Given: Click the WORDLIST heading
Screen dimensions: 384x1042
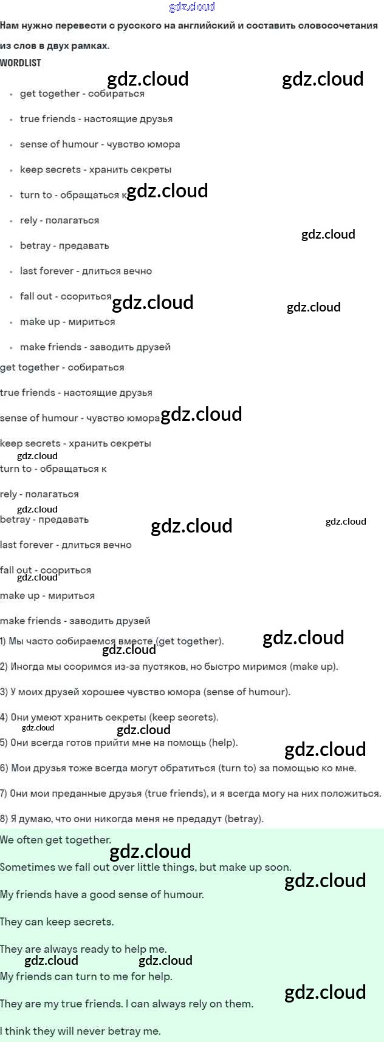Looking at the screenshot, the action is (21, 63).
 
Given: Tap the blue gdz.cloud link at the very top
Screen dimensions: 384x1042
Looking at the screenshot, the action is (192, 7).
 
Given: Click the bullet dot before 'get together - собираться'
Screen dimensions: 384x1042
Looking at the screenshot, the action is (11, 94).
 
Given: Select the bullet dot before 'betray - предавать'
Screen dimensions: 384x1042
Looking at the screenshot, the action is (11, 247).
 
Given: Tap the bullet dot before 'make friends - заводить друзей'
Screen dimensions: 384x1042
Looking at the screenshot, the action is (11, 348).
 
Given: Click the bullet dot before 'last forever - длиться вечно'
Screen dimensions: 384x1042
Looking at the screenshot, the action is (11, 272).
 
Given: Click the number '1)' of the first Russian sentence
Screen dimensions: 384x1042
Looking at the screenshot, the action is (4, 641).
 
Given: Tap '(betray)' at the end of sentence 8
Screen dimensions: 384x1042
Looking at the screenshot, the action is (244, 819).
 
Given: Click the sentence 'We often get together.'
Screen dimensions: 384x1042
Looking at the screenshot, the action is (56, 840).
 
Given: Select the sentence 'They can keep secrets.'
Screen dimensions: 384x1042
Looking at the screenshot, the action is (57, 922).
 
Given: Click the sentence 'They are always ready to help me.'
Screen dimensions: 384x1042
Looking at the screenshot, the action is (83, 949).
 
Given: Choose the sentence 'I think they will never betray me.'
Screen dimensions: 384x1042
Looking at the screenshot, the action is (80, 1031).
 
